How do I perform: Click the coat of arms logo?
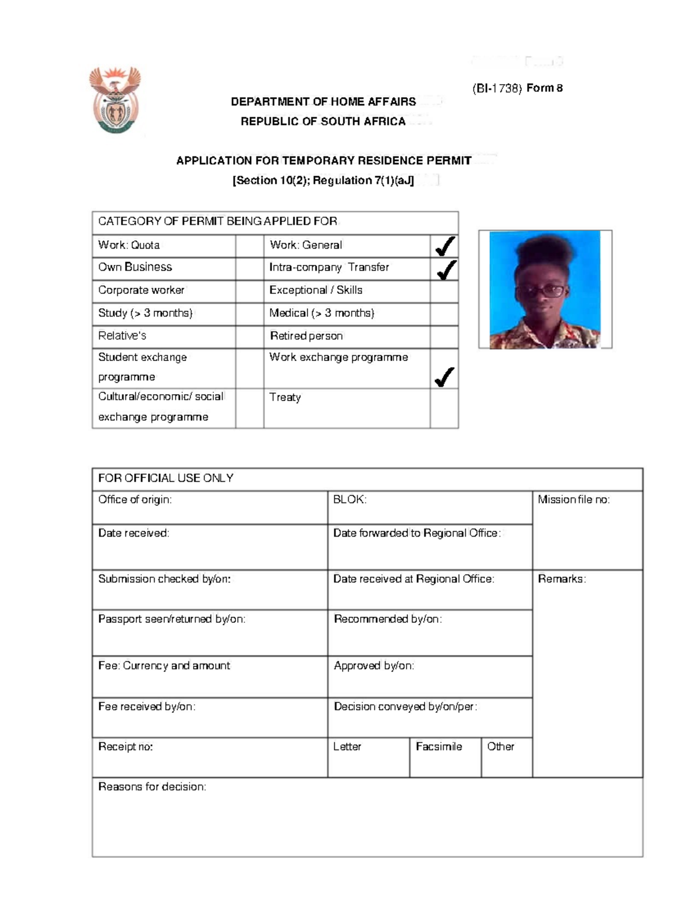pos(115,100)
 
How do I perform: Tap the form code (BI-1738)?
pos(497,89)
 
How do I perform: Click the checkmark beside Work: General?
pos(445,246)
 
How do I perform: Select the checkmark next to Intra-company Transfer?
pos(445,269)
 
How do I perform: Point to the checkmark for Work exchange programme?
pos(444,377)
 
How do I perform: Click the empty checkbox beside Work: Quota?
pos(249,246)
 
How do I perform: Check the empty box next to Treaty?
pos(444,408)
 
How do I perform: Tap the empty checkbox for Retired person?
pos(444,337)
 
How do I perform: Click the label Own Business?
pos(135,267)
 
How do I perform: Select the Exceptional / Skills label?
pos(316,290)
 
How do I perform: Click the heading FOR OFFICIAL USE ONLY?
pos(166,478)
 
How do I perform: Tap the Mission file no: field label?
pos(573,500)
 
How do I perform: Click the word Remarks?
pos(561,579)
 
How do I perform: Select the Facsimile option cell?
pos(445,756)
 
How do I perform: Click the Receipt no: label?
pos(125,747)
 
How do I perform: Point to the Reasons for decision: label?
pos(152,787)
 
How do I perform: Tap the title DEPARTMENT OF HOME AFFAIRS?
pos(323,102)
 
